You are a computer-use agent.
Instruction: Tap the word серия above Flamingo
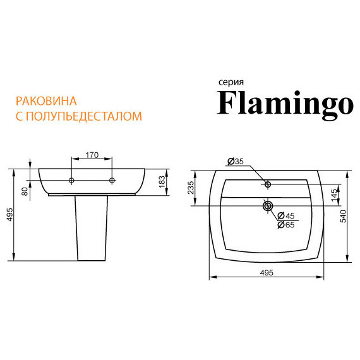231,82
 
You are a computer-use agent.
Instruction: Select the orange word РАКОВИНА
46,101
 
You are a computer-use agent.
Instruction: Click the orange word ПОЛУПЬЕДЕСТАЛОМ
83,116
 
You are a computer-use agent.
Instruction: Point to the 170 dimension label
92,155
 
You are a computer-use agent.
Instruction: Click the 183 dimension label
162,182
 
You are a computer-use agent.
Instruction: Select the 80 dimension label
25,191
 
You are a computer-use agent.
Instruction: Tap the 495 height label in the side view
9,215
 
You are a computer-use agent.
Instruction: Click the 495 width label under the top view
267,273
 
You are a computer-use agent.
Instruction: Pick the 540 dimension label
343,216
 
